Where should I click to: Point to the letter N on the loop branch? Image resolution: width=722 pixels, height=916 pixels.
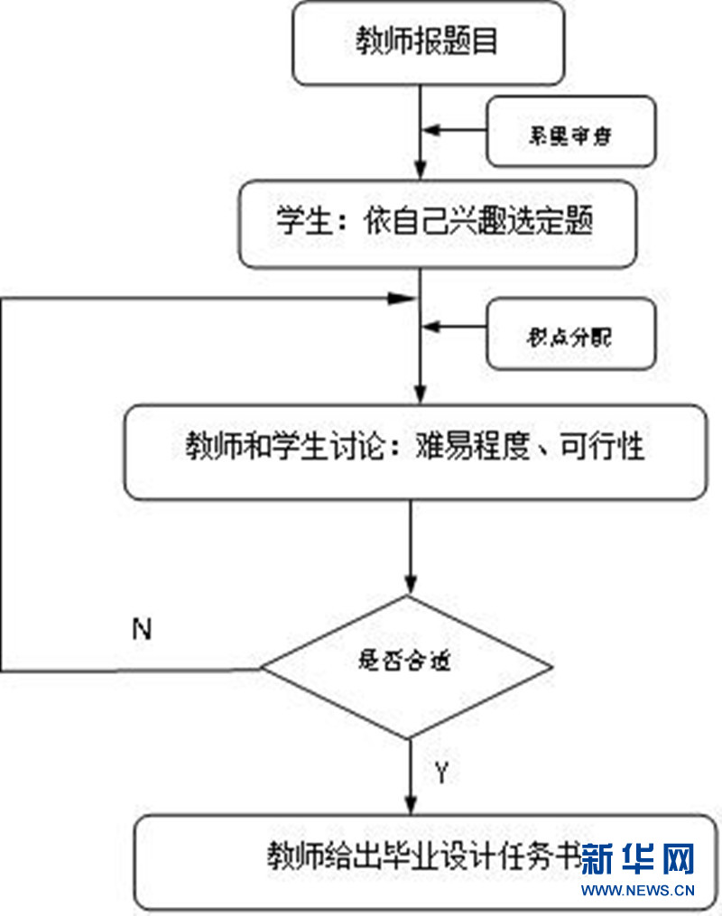coord(141,630)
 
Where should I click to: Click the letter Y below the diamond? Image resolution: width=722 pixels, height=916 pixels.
coord(441,773)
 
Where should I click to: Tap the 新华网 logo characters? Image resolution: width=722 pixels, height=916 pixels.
coord(637,859)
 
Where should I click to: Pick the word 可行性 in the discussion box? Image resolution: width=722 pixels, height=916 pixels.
coord(612,447)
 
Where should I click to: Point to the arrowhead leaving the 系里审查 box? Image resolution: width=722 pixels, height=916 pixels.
coord(434,131)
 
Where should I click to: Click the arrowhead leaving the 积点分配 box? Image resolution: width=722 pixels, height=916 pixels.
coord(434,334)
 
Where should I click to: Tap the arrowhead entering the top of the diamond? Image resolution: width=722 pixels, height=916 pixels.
coord(412,584)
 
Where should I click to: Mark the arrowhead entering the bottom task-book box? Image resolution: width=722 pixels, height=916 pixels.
coord(412,805)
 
